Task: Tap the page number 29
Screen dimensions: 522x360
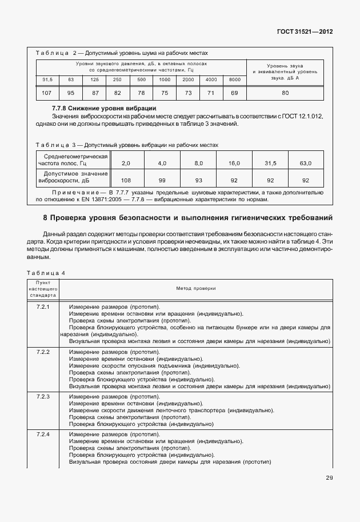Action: pyautogui.click(x=329, y=478)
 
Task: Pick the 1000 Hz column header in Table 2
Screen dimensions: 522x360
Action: pyautogui.click(x=165, y=79)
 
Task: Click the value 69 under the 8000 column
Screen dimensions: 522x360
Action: pyautogui.click(x=234, y=92)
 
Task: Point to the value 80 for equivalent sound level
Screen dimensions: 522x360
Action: pyautogui.click(x=285, y=92)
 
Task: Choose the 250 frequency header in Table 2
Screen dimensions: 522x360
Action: pyautogui.click(x=117, y=79)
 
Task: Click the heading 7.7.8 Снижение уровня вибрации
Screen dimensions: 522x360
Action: pyautogui.click(x=104, y=108)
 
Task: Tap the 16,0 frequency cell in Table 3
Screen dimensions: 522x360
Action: pyautogui.click(x=234, y=164)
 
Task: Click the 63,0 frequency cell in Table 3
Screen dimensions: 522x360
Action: pyautogui.click(x=306, y=164)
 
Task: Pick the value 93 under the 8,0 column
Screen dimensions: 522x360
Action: pyautogui.click(x=198, y=180)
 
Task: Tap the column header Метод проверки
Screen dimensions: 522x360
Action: pyautogui.click(x=196, y=289)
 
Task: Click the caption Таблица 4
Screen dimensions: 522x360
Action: pyautogui.click(x=46, y=273)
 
